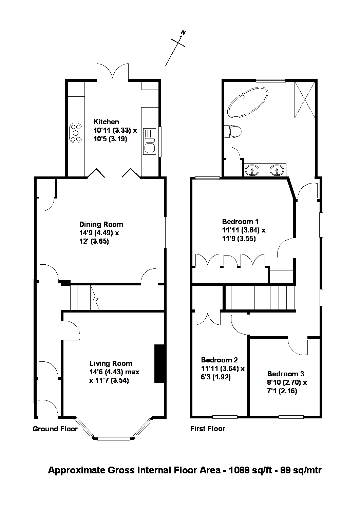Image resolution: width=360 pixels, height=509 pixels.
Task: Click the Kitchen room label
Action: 106,122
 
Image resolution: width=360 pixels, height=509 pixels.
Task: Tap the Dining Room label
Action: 101,224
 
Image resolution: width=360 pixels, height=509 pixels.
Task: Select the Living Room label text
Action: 111,363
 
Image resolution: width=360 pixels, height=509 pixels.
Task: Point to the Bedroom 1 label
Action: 240,221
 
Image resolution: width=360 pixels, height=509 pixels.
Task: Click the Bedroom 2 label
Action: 219,360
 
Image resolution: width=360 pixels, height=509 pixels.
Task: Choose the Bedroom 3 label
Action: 285,374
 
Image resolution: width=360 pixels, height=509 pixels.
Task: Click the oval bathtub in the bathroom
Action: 248,102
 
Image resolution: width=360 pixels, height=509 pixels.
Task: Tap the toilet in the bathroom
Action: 233,132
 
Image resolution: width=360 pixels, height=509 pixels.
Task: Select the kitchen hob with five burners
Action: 76,133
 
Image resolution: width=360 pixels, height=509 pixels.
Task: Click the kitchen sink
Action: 150,142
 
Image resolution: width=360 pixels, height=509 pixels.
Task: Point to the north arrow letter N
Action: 184,33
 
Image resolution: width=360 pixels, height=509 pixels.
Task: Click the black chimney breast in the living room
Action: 159,363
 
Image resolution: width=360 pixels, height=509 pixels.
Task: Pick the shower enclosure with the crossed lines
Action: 305,100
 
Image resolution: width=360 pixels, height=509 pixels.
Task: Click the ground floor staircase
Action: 81,298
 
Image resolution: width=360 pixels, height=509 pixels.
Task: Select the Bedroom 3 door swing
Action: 298,347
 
